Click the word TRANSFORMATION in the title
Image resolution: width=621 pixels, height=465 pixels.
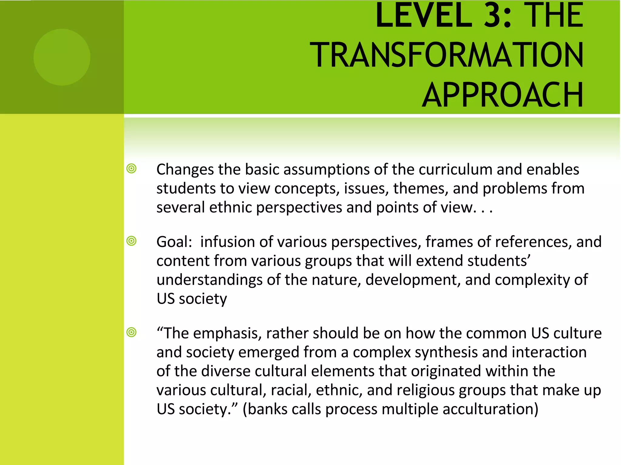[x=446, y=55]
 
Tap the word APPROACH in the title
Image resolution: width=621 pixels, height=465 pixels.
[x=502, y=95]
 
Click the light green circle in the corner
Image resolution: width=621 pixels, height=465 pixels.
[x=62, y=57]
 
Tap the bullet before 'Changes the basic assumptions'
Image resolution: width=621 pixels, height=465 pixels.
[x=132, y=169]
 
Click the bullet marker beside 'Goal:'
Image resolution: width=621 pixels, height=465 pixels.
[x=132, y=241]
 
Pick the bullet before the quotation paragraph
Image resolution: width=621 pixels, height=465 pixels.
[x=132, y=332]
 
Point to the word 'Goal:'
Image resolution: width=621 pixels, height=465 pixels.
[x=174, y=242]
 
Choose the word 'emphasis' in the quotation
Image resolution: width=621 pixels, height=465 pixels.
[x=227, y=334]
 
